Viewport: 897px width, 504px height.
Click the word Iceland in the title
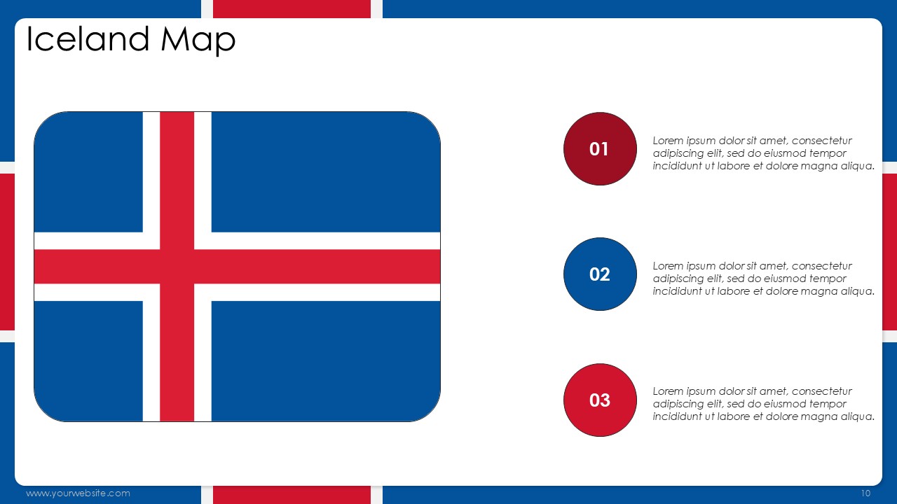click(x=88, y=38)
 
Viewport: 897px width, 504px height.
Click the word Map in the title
click(x=198, y=41)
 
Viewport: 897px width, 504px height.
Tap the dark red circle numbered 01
click(x=600, y=149)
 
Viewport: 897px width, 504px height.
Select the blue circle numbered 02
click(x=600, y=274)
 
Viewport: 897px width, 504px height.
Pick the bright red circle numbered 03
click(x=600, y=400)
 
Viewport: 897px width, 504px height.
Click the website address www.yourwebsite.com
click(x=78, y=493)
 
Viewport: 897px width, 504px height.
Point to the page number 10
click(x=865, y=493)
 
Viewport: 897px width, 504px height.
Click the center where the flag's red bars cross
click(x=177, y=267)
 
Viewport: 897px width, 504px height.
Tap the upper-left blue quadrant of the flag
click(x=88, y=172)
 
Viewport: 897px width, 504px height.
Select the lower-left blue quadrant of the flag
click(x=88, y=361)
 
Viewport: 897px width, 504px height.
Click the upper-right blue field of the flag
click(x=326, y=172)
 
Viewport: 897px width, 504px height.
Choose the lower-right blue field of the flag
click(x=326, y=361)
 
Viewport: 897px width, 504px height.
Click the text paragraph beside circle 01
click(x=763, y=153)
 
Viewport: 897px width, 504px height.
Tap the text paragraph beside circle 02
click(x=763, y=279)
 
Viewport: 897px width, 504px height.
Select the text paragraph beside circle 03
click(x=763, y=404)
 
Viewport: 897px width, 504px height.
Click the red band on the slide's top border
click(x=292, y=9)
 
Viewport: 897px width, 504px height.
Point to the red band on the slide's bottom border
click(x=292, y=495)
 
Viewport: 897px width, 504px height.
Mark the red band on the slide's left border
click(x=7, y=252)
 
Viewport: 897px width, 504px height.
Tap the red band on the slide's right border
click(x=889, y=252)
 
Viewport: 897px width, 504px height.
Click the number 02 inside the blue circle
click(x=599, y=274)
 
